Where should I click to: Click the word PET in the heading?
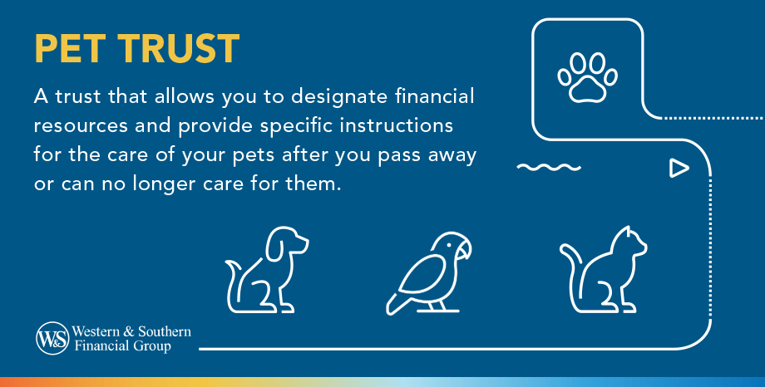pyautogui.click(x=67, y=50)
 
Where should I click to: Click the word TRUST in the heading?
pyautogui.click(x=175, y=50)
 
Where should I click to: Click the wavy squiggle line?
pyautogui.click(x=548, y=168)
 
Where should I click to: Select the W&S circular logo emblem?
pyautogui.click(x=51, y=338)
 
